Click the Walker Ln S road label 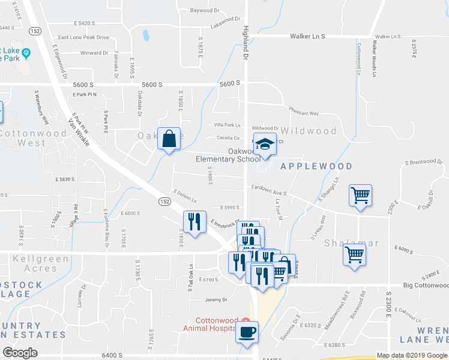[307, 37]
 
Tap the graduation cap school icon [265, 144]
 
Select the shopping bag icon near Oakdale [169, 139]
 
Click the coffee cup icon [247, 332]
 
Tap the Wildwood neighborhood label [309, 131]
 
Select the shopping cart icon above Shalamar [360, 195]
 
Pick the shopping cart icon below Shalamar [354, 254]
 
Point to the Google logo [20, 352]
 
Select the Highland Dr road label [246, 42]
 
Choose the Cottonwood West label [22, 137]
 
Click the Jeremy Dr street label [216, 299]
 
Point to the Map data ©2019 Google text [412, 355]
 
